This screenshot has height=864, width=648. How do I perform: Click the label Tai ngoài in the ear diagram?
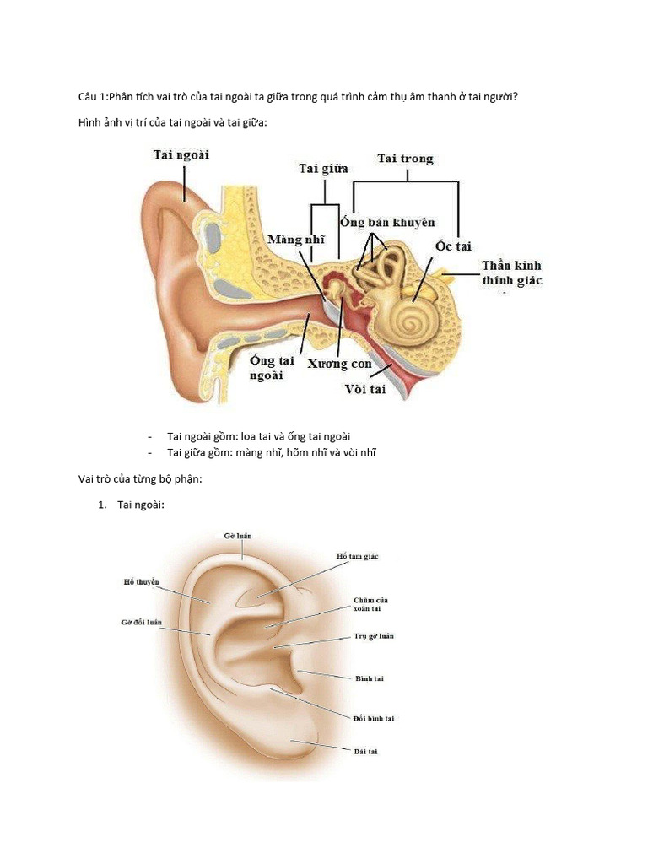pyautogui.click(x=181, y=154)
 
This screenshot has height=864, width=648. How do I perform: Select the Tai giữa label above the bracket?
pyautogui.click(x=324, y=169)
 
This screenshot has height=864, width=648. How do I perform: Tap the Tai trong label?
pyautogui.click(x=406, y=159)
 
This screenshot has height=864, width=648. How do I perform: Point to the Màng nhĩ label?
pyautogui.click(x=296, y=240)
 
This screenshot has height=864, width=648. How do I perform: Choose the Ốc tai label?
pyautogui.click(x=453, y=246)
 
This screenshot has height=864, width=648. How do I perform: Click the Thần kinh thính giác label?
pyautogui.click(x=511, y=273)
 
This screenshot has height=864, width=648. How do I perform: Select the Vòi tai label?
pyautogui.click(x=365, y=389)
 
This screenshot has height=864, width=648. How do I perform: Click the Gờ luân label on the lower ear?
pyautogui.click(x=239, y=535)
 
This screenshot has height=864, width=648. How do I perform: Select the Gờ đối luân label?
pyautogui.click(x=141, y=623)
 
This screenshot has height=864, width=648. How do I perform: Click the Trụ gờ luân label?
pyautogui.click(x=374, y=635)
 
